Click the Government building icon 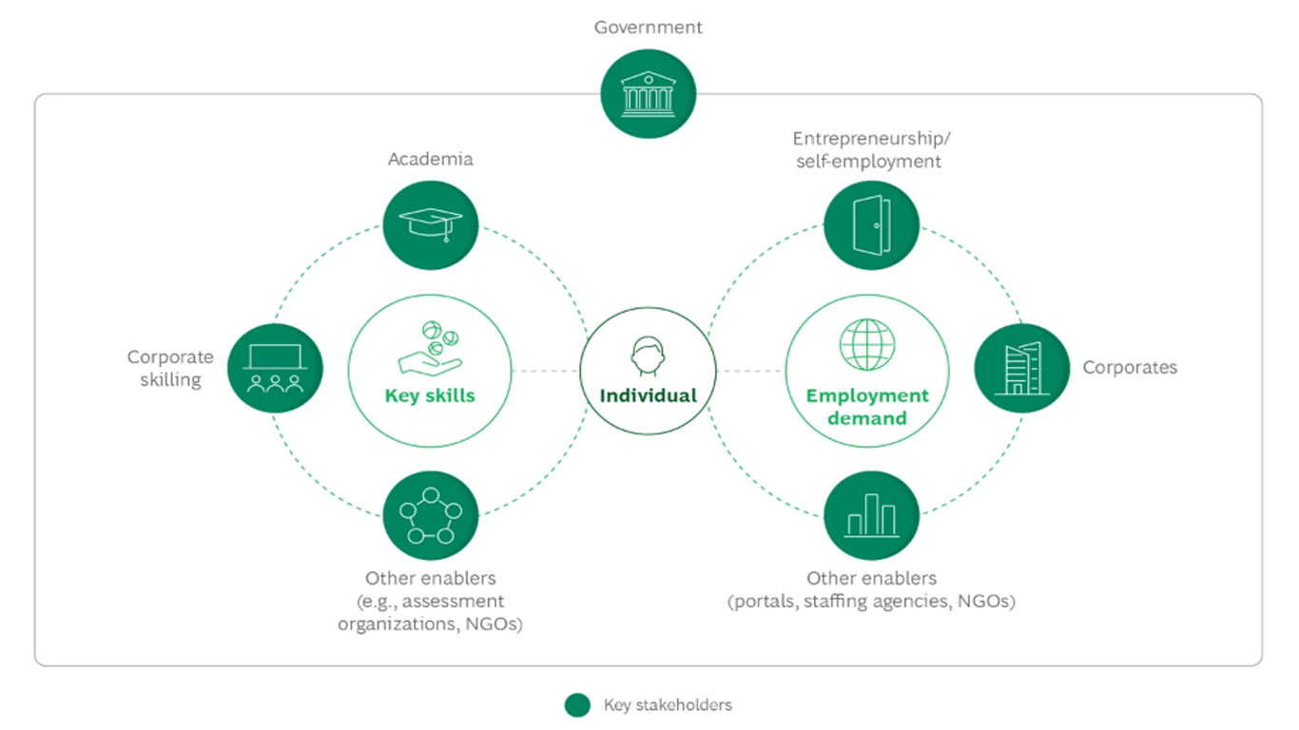pos(649,94)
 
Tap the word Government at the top pos(649,28)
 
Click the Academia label pos(430,159)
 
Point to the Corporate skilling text pos(170,369)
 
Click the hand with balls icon pos(430,347)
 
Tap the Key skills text pos(430,395)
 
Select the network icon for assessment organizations pos(430,515)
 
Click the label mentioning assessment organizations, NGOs pos(430,602)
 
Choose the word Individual pos(648,395)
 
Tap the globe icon pos(866,343)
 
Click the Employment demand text pos(866,407)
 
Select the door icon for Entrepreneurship pos(871,225)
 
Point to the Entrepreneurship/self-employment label pos(871,149)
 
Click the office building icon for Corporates pos(1021,367)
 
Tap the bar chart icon pos(871,515)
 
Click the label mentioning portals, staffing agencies pos(871,590)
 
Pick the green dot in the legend pos(576,705)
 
